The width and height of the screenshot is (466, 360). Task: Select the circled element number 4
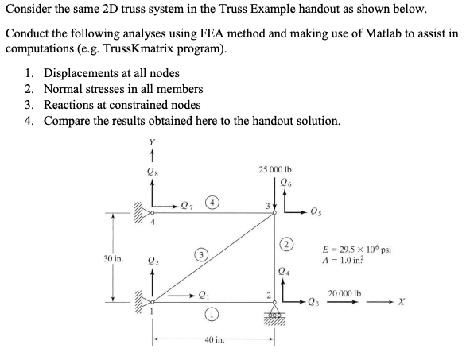coord(216,203)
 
